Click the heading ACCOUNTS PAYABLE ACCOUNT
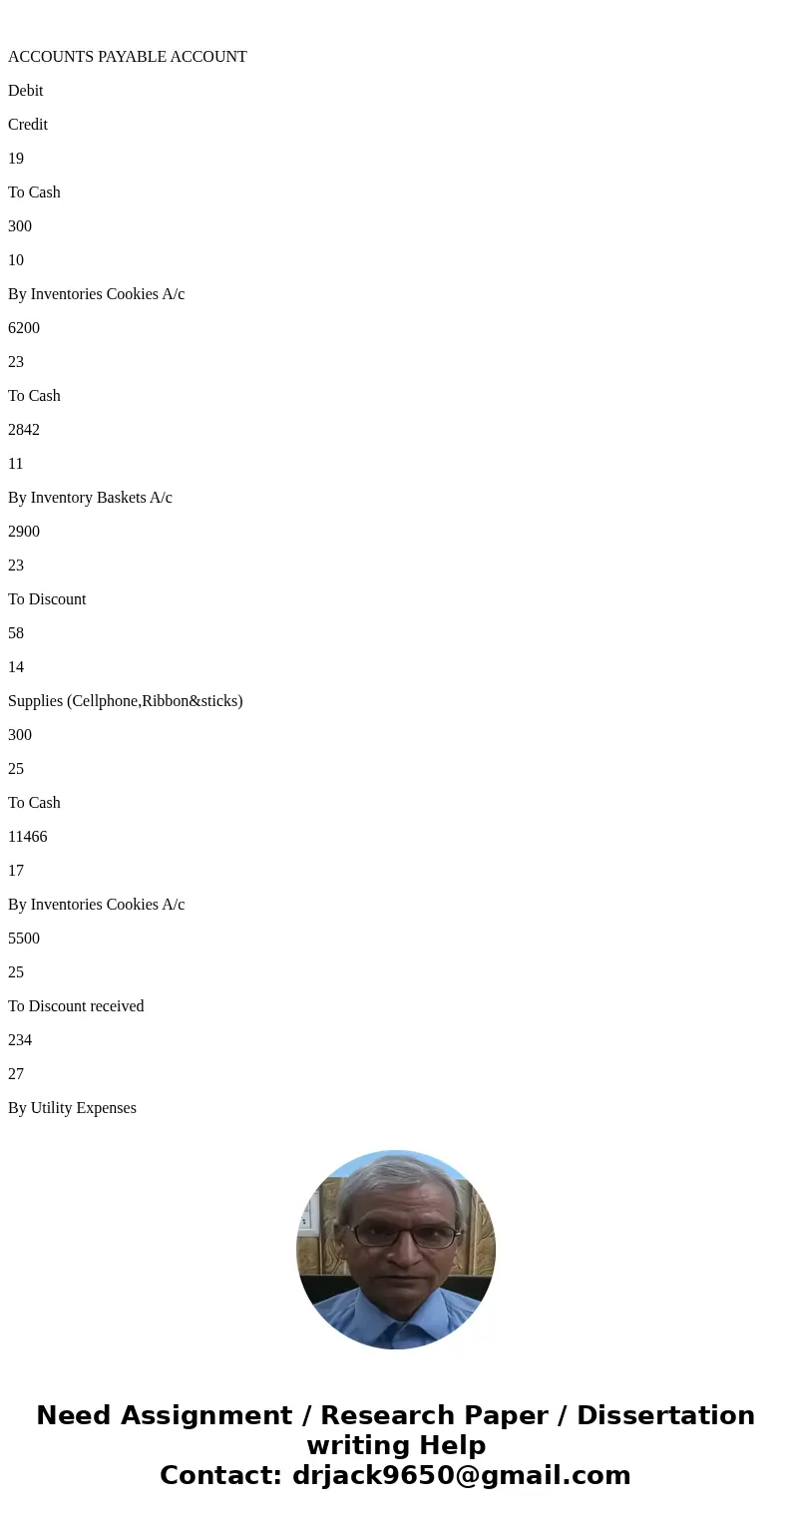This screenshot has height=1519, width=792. click(x=128, y=56)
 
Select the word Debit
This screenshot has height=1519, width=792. click(x=26, y=90)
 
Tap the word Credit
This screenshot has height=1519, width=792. click(x=28, y=124)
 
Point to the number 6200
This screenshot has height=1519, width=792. click(x=24, y=327)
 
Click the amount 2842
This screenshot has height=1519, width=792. click(x=24, y=429)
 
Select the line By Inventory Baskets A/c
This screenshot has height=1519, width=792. click(x=90, y=498)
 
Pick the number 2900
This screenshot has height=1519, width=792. click(x=24, y=531)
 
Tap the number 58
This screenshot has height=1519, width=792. click(x=16, y=632)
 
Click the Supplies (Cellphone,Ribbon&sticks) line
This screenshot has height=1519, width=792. click(x=126, y=701)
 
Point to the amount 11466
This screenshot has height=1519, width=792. click(x=28, y=836)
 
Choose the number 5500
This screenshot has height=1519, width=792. click(x=24, y=938)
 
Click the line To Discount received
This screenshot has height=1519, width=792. click(x=76, y=1005)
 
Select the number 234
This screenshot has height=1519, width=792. click(x=20, y=1039)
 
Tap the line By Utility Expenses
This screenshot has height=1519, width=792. click(x=72, y=1108)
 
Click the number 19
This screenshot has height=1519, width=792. click(x=16, y=158)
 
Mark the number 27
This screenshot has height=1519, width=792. click(x=16, y=1073)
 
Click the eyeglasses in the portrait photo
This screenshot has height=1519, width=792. click(x=405, y=1235)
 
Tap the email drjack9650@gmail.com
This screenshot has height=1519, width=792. click(x=461, y=1475)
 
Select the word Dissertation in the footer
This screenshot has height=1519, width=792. click(x=665, y=1415)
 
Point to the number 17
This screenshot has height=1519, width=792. click(x=16, y=870)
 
